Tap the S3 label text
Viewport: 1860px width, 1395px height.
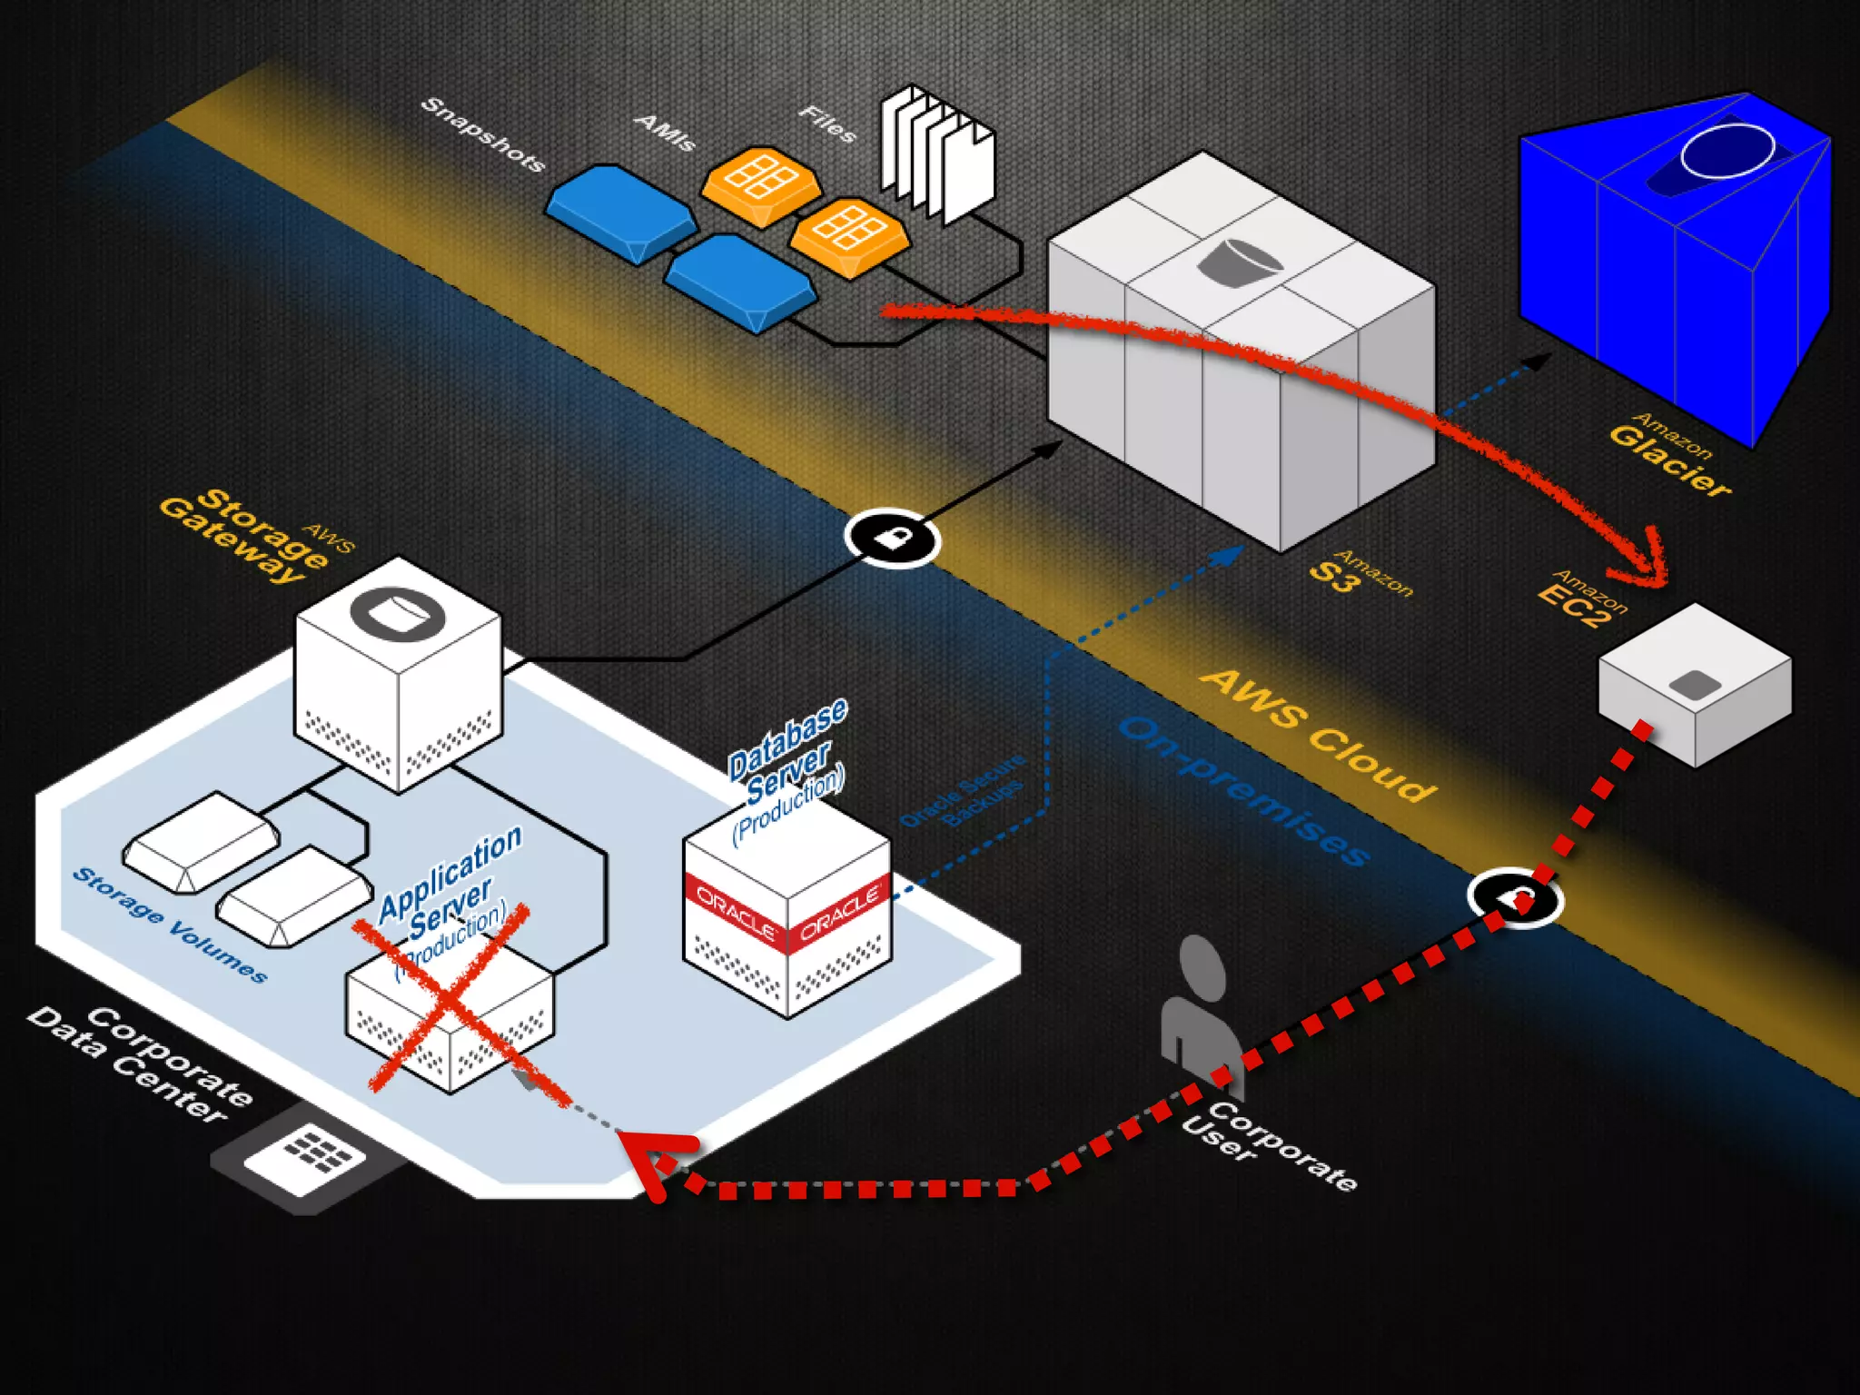pyautogui.click(x=1333, y=576)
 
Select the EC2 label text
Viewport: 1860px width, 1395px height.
pyautogui.click(x=1574, y=606)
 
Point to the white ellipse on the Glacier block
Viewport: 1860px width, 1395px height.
pyautogui.click(x=1727, y=151)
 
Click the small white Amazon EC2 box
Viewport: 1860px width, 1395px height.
pyautogui.click(x=1695, y=685)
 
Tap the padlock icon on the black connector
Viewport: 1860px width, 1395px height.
pyautogui.click(x=892, y=539)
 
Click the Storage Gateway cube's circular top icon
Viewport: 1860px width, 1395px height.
pyautogui.click(x=398, y=615)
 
